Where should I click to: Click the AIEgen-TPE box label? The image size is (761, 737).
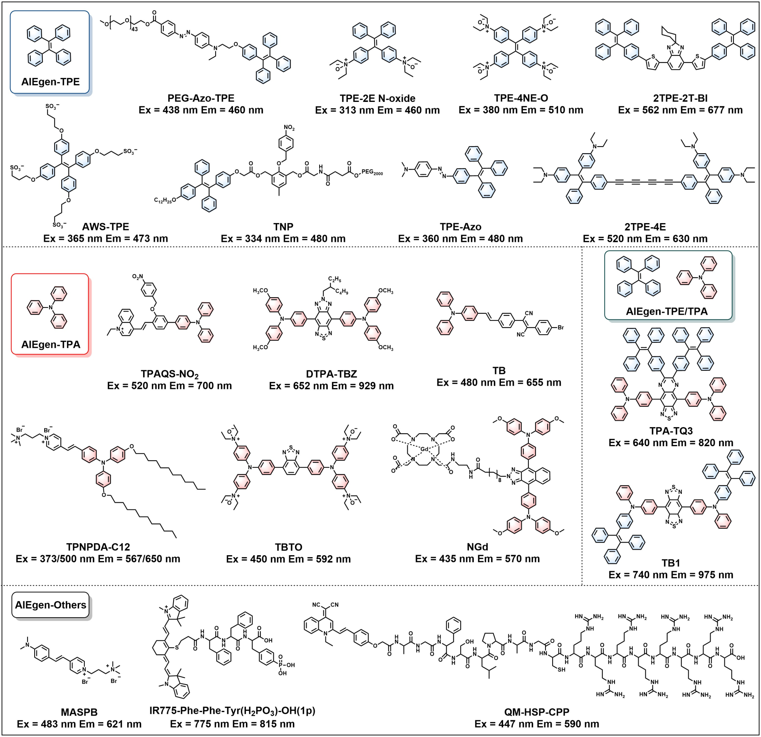(51, 81)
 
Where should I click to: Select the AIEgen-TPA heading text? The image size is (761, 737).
(51, 345)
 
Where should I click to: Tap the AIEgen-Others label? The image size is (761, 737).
(51, 605)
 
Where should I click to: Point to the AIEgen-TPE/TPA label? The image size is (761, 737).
(667, 311)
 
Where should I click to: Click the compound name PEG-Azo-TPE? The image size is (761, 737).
(201, 98)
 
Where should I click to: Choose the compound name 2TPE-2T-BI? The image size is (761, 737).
(680, 98)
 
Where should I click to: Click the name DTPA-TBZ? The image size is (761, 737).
(331, 374)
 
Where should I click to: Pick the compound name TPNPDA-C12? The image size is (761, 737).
(98, 547)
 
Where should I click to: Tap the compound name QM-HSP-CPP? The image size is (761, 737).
(537, 712)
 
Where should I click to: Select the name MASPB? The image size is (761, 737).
(79, 712)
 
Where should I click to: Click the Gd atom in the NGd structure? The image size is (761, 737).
(425, 449)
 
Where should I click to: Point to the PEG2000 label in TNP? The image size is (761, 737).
(372, 172)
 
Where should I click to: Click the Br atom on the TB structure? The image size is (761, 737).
(561, 328)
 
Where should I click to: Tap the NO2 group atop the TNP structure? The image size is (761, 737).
(289, 128)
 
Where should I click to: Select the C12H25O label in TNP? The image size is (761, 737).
(165, 200)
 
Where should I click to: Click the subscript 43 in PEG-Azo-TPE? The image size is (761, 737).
(135, 29)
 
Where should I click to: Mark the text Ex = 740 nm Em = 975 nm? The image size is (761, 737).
(671, 575)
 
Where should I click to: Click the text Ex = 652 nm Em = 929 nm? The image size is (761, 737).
(331, 386)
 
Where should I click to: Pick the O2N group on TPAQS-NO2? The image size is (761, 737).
(138, 277)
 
